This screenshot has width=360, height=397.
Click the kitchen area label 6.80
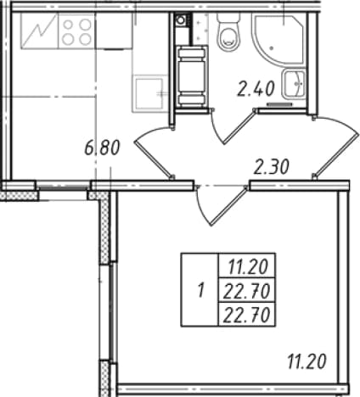click(103, 148)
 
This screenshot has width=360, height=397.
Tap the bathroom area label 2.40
click(256, 88)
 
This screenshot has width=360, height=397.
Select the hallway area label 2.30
click(272, 166)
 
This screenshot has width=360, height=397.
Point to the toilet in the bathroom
click(228, 32)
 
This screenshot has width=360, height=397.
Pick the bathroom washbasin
click(294, 84)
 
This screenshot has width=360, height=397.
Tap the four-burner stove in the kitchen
click(76, 32)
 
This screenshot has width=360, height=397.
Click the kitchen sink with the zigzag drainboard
click(39, 32)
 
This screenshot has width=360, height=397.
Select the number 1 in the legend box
click(201, 290)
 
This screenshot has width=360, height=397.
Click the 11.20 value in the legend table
click(248, 267)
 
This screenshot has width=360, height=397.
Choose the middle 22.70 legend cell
click(247, 291)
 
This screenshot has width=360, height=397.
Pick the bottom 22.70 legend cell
click(247, 315)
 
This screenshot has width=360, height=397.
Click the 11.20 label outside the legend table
click(307, 362)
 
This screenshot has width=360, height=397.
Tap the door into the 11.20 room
click(221, 205)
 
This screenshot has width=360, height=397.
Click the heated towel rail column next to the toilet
click(191, 77)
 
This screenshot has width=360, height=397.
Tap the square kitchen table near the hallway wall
click(149, 92)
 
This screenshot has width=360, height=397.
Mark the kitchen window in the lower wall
click(63, 187)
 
